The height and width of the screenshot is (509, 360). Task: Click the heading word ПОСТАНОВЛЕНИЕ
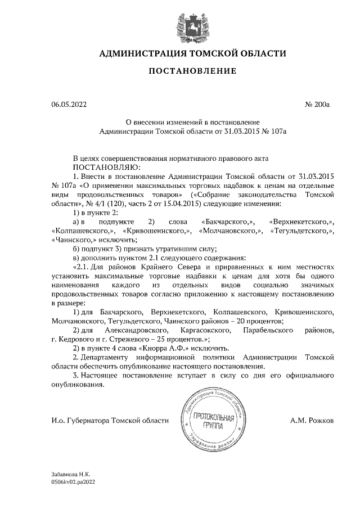pyautogui.click(x=192, y=71)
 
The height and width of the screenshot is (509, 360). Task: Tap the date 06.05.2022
pyautogui.click(x=69, y=105)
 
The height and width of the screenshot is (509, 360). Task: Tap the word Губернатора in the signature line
pyautogui.click(x=88, y=420)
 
